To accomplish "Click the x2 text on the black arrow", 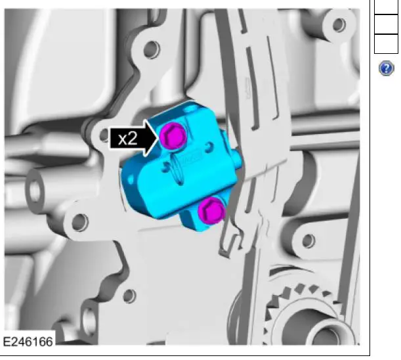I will (x=127, y=139).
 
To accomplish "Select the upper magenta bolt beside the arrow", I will (x=173, y=135).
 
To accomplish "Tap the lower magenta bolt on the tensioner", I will (x=210, y=212).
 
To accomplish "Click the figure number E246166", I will (x=29, y=342).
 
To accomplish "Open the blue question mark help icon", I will (x=387, y=68).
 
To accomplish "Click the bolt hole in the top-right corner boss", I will (x=339, y=25).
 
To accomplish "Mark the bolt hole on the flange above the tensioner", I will (x=152, y=49).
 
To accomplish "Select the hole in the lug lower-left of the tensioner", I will (x=80, y=222).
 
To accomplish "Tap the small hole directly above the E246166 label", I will (x=129, y=296).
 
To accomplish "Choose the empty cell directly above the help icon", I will (x=386, y=43).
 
